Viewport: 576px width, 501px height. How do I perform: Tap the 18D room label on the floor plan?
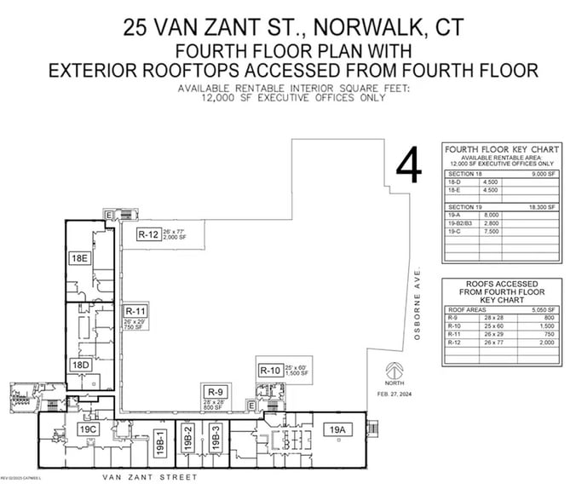click(81, 365)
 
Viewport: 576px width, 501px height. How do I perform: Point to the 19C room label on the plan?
click(89, 429)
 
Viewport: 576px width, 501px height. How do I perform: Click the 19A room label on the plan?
click(334, 429)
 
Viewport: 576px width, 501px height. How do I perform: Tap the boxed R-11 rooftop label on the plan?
click(137, 311)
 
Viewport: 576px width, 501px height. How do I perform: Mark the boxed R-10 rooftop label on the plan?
click(270, 370)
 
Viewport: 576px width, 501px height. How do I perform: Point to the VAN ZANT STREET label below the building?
click(149, 477)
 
